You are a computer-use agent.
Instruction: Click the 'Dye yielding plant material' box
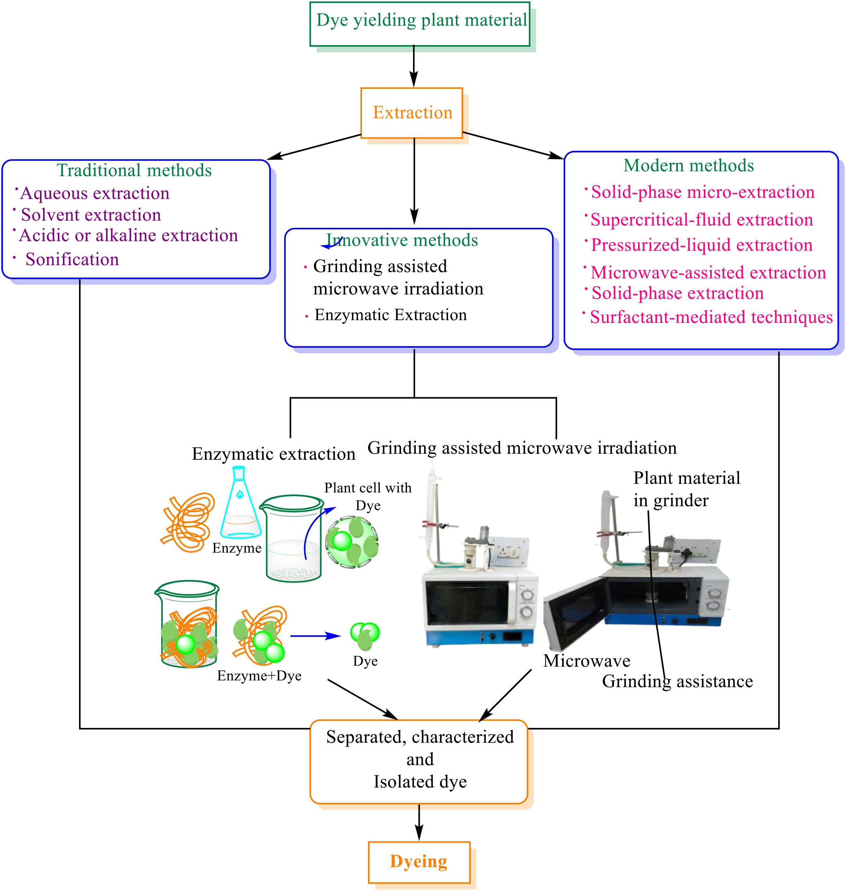pos(420,24)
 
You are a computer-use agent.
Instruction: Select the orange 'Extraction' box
pos(412,113)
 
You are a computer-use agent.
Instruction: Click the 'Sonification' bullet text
pos(72,259)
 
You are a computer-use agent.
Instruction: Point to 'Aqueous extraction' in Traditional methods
pos(95,193)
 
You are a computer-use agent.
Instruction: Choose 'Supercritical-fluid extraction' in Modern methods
pos(702,220)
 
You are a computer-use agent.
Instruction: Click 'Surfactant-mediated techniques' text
pos(711,317)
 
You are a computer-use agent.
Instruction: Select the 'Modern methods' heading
pos(689,165)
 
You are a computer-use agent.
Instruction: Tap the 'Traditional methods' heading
pos(134,171)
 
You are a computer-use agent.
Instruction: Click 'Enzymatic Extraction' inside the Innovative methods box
pos(391,315)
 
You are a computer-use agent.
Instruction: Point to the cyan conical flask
pos(241,503)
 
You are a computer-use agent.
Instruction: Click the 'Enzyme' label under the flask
pos(237,548)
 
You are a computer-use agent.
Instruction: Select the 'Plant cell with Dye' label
pos(368,496)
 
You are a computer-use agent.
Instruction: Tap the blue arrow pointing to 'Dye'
pos(315,636)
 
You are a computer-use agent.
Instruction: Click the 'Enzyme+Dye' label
pos(259,675)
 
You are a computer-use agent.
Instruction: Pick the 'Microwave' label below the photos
pos(587,661)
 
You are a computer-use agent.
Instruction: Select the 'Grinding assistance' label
pos(677,681)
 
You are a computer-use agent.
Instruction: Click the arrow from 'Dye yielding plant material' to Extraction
pos(414,67)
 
